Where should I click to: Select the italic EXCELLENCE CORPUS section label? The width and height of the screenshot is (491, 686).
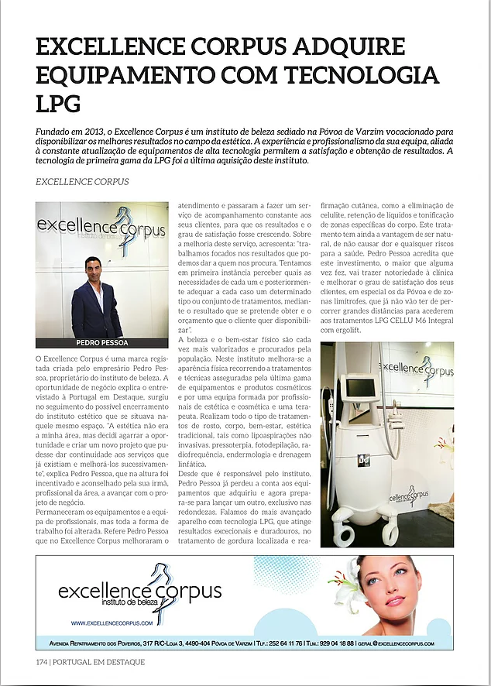[x=83, y=182]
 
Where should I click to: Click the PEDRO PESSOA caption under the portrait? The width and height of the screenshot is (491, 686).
[x=101, y=341]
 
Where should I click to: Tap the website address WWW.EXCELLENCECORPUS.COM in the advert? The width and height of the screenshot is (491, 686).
[x=111, y=623]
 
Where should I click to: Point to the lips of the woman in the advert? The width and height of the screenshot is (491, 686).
[x=397, y=602]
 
